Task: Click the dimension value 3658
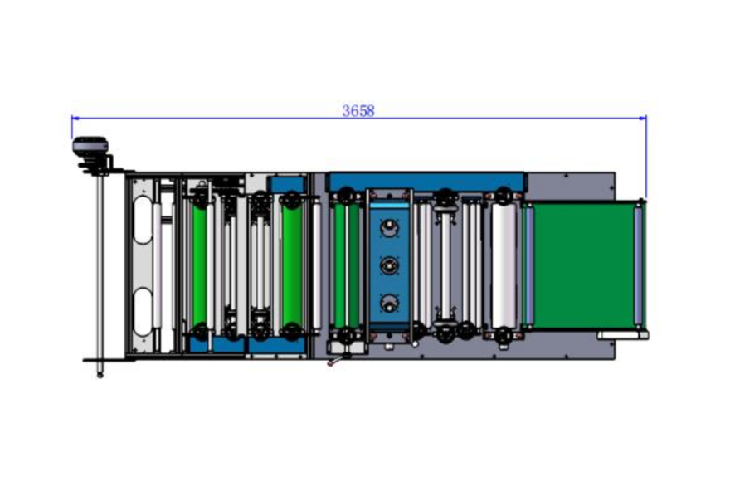[358, 111]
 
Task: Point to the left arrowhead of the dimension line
[75, 119]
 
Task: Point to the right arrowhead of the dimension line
[643, 119]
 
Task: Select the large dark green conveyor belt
[584, 265]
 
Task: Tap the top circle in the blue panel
[389, 228]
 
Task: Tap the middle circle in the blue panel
[389, 265]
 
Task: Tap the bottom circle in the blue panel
[389, 304]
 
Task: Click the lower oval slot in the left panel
[143, 312]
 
